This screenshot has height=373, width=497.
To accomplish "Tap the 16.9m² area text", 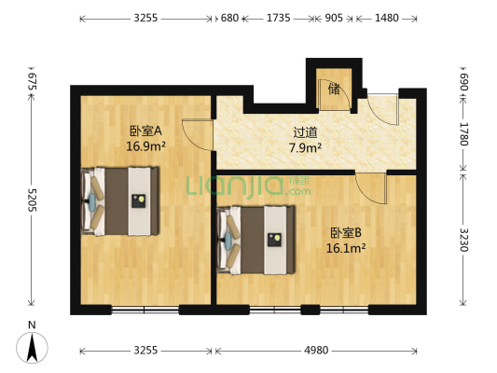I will pos(145,145).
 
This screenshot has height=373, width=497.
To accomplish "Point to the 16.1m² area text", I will pos(346,248).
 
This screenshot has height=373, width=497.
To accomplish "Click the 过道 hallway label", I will pos(305,132).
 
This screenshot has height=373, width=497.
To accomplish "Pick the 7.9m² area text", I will pos(305,146).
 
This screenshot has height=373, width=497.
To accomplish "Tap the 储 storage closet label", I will pos(333,90).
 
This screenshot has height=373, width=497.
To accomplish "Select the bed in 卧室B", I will pos(255,240).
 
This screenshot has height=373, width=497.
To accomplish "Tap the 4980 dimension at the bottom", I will pos(316,351).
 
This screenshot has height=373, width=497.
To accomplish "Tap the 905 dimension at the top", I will pos(333,18).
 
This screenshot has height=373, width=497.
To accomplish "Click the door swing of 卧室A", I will pos(197,136).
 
